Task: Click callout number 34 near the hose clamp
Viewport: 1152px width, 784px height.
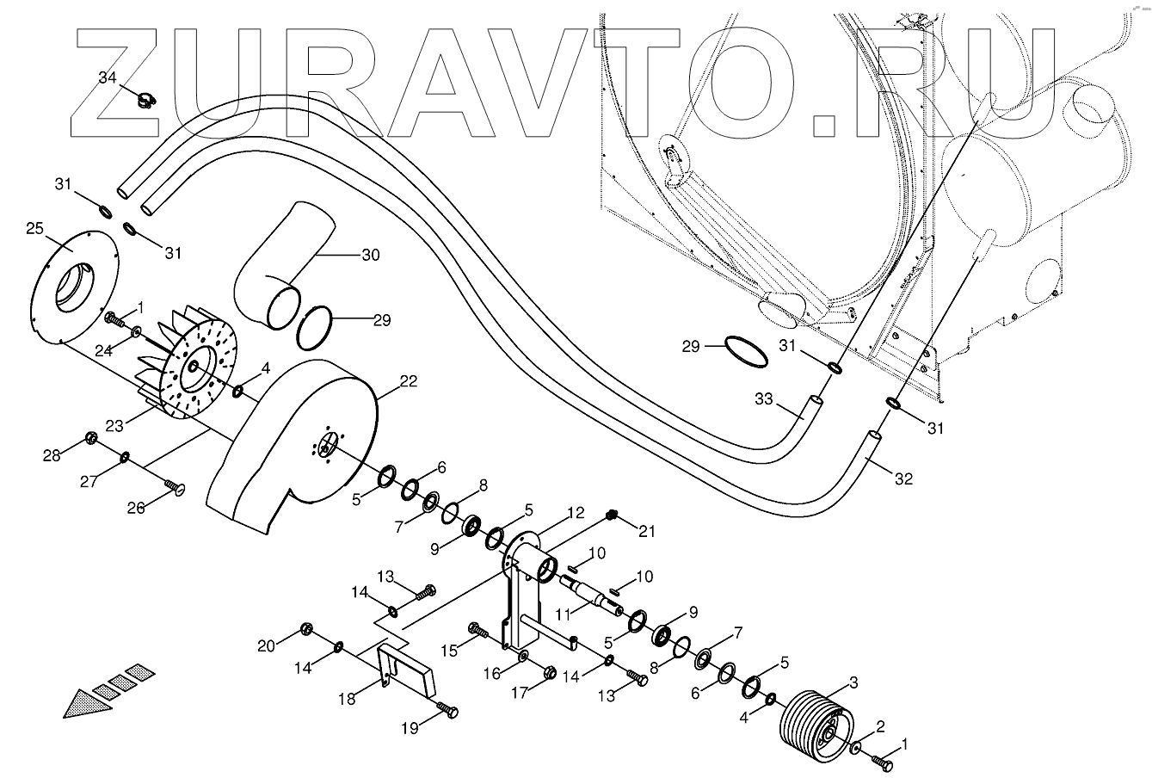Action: (107, 77)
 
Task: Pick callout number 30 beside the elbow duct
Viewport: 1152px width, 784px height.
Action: (370, 255)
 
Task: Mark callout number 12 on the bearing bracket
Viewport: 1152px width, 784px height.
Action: (576, 512)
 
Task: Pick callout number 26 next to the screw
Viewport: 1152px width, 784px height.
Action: (137, 508)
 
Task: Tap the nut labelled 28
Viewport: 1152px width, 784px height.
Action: (89, 440)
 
